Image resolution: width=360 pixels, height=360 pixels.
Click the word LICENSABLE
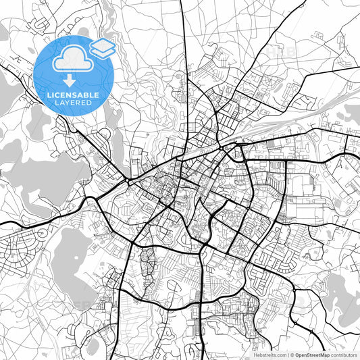coord(72,95)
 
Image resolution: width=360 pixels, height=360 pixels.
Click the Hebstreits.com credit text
coord(269,354)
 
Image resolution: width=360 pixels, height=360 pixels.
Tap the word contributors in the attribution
coord(344,354)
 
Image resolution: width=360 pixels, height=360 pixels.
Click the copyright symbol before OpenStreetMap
coord(292,354)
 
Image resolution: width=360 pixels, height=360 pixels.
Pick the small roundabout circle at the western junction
coord(128,183)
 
